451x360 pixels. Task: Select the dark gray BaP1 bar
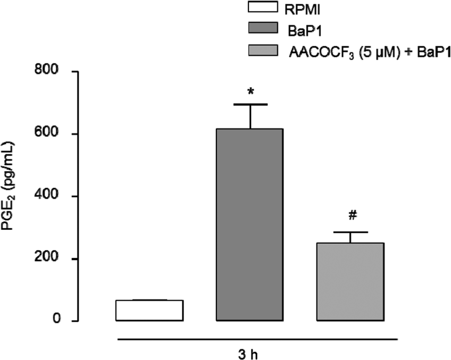click(x=249, y=225)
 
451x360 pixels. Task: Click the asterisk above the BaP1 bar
click(x=249, y=91)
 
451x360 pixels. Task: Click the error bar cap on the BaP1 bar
click(x=249, y=104)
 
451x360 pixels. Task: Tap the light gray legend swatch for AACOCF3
click(x=271, y=51)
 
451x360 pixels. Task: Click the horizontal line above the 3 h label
click(x=255, y=339)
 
